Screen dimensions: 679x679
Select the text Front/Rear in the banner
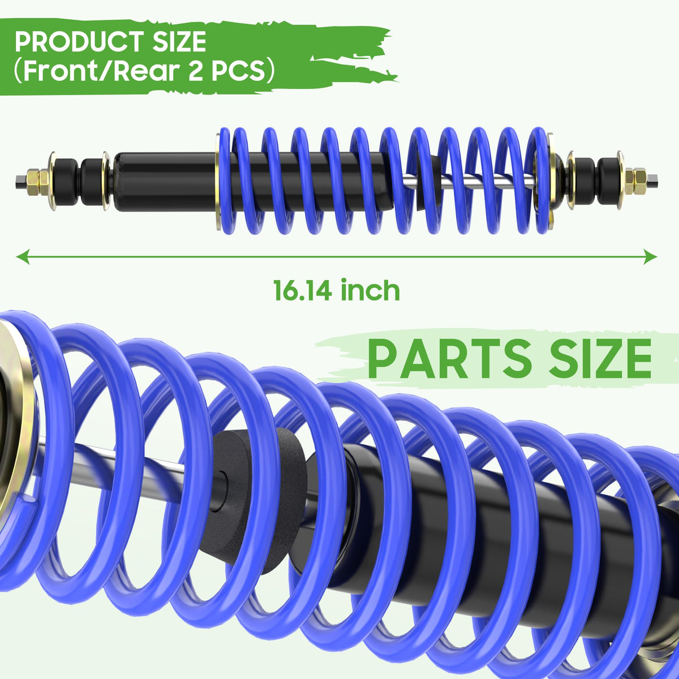(x=100, y=71)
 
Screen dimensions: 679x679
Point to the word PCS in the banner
(x=239, y=71)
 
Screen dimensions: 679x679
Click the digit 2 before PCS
(x=195, y=71)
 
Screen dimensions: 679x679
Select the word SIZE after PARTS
(x=600, y=358)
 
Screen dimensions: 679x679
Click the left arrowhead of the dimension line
(x=22, y=256)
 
